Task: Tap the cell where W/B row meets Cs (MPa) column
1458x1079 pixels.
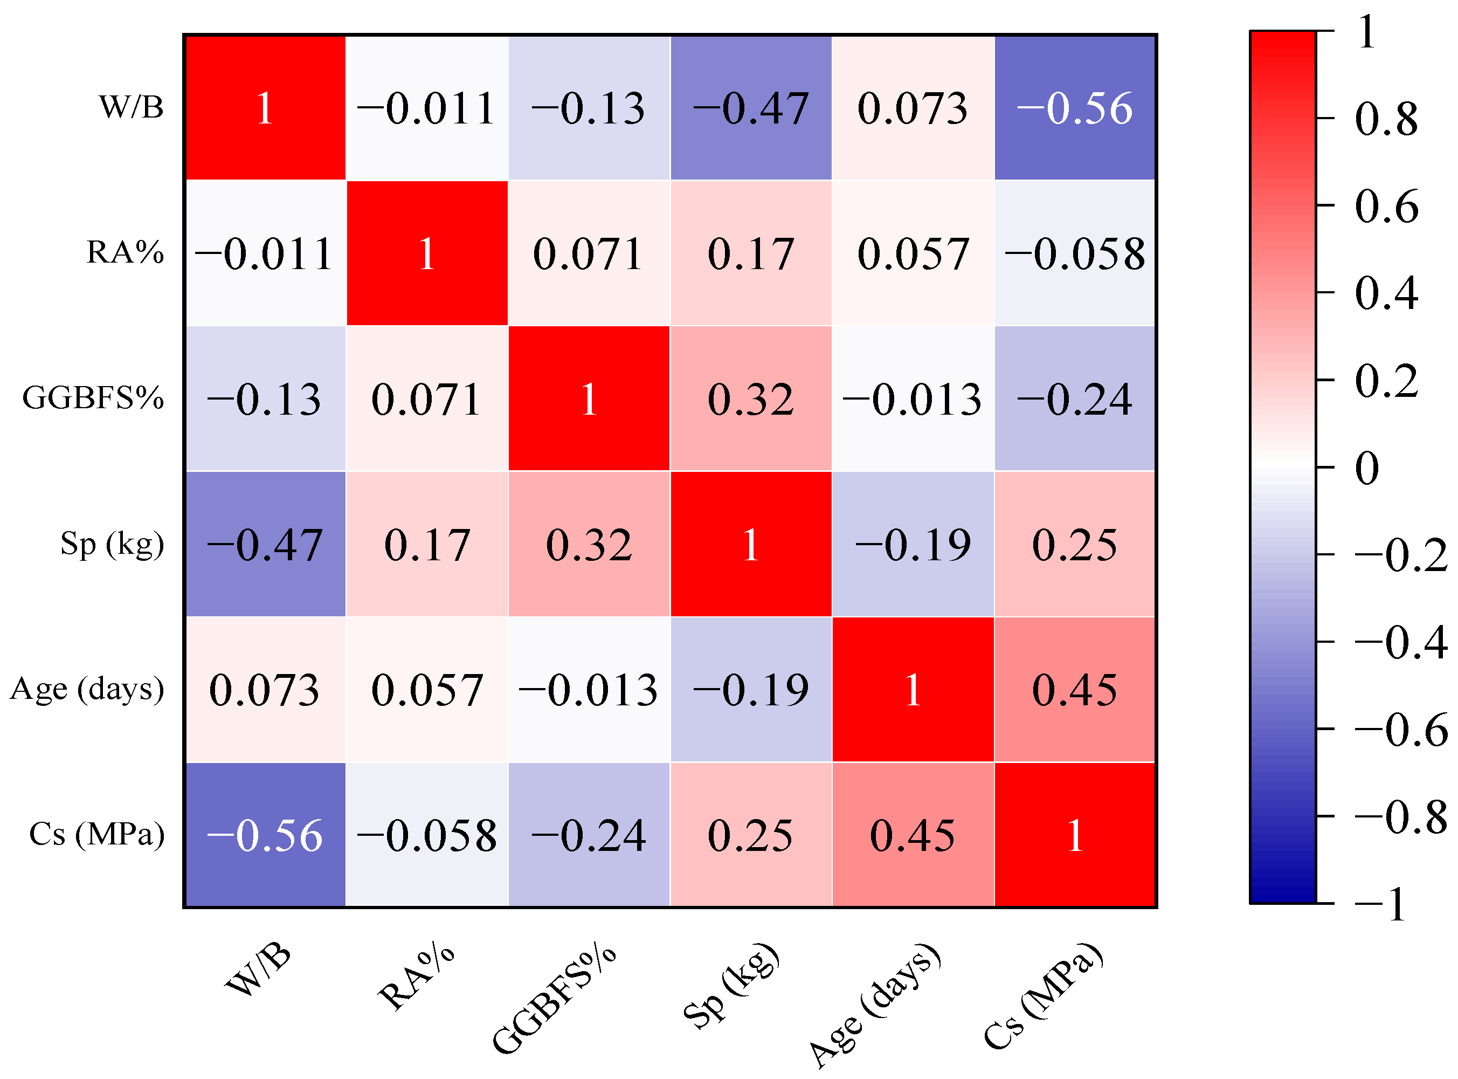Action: (x=1075, y=108)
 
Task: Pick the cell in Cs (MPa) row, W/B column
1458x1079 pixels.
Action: (x=265, y=835)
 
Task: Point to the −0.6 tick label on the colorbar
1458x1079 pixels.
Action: (x=1400, y=730)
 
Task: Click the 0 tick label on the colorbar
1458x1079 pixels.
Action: (x=1366, y=468)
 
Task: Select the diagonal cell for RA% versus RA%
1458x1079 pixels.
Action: (x=427, y=253)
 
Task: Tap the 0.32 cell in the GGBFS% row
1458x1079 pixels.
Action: (x=751, y=399)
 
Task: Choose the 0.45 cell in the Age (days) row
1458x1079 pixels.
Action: (x=1075, y=690)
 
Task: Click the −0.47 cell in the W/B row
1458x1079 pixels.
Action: (x=751, y=108)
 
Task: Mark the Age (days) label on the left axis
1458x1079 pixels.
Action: (x=87, y=689)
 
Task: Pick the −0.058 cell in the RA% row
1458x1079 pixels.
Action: (x=1075, y=253)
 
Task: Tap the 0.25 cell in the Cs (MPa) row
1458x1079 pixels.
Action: (x=751, y=835)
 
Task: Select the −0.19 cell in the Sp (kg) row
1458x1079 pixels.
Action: (x=913, y=545)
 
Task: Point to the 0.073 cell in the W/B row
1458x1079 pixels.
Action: (x=913, y=108)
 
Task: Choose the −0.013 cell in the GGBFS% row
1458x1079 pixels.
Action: (x=913, y=399)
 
